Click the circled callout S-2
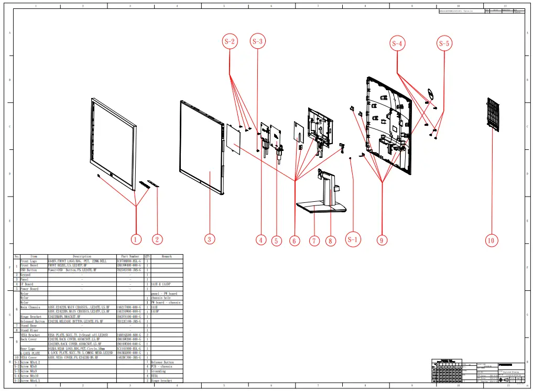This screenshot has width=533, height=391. point(230,41)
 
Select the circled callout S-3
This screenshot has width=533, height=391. point(257,41)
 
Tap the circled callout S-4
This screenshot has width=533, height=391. point(397,44)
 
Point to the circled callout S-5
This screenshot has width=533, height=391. point(444,44)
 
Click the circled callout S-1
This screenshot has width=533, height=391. point(353,240)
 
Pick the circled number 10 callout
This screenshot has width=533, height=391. point(491,241)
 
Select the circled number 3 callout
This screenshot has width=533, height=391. point(209,239)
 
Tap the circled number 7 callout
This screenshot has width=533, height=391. point(314,241)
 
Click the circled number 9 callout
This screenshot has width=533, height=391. point(382,240)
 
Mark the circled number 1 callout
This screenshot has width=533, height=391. point(136,240)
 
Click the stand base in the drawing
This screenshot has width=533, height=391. point(321,209)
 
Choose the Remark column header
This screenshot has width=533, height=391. point(167,256)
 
